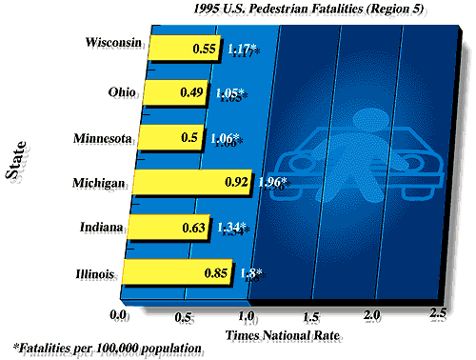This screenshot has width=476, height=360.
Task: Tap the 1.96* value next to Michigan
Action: coord(274,182)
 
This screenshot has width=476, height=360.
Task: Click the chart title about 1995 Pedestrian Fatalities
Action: coord(316,9)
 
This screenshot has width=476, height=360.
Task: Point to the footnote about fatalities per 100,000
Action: coord(108,349)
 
